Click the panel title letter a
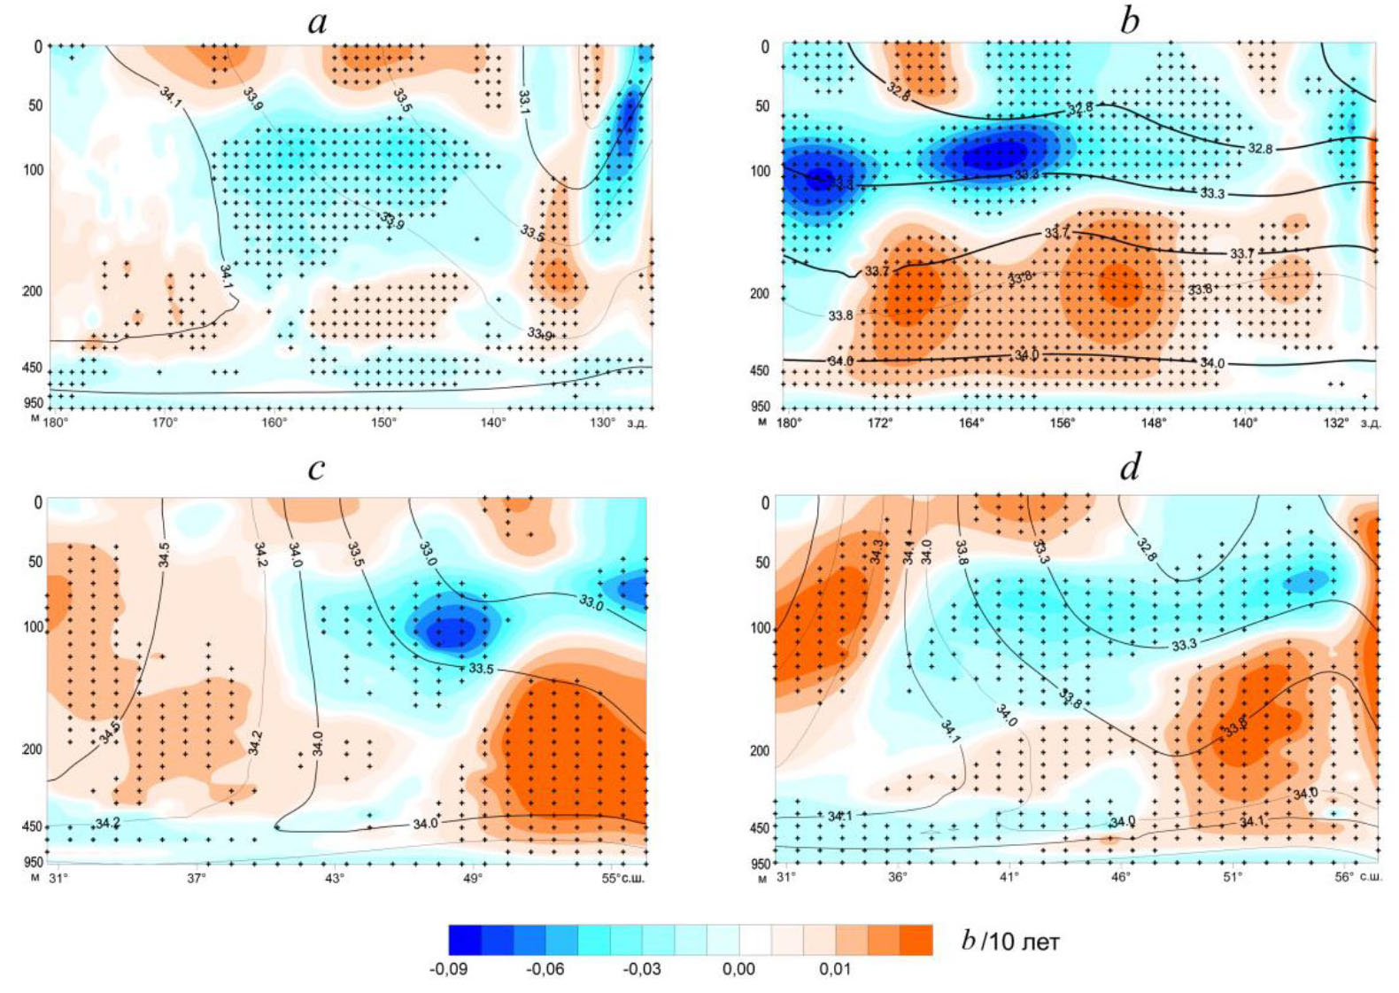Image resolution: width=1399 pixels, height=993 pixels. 317,22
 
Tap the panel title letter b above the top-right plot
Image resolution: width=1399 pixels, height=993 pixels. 1129,20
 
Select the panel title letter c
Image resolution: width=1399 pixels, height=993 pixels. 317,468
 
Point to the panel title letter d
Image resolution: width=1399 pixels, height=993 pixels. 1130,467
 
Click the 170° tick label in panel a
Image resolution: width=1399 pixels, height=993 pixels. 165,423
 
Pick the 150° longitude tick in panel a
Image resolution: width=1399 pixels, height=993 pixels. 383,423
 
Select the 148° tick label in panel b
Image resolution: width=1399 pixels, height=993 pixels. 1154,423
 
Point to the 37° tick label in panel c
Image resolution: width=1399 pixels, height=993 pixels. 197,878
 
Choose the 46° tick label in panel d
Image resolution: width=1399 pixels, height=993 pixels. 1121,877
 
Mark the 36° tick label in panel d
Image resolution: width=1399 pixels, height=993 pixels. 898,877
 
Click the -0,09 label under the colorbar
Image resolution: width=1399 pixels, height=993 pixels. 449,969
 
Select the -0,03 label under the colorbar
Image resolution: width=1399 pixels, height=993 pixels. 642,969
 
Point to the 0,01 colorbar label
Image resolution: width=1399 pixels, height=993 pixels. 835,969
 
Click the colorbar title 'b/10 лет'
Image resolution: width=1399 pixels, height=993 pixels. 1010,941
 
